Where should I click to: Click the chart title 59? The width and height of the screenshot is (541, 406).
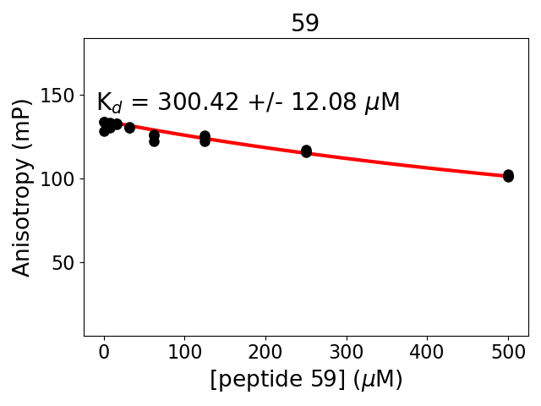pos(305,24)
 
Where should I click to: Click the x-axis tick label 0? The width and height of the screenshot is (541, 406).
pos(104,352)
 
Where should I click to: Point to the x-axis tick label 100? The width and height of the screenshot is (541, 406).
pos(185,352)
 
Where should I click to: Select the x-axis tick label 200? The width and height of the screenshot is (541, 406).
pos(265,352)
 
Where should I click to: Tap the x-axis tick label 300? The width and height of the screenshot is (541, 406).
pos(347,352)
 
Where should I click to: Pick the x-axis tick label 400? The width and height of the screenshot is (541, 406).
pos(427,352)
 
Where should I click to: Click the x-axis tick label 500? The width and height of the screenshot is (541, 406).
pos(508,352)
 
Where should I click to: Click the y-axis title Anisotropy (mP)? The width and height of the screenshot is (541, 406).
pos(23,187)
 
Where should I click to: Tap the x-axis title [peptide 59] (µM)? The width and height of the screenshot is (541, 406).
pos(306,380)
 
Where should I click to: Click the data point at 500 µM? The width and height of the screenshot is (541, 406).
pos(508,176)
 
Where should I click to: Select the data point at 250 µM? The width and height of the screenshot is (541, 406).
pos(306,151)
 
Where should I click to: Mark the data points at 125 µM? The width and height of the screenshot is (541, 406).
pos(205,139)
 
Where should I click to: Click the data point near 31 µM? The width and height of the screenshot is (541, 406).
pos(129,128)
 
